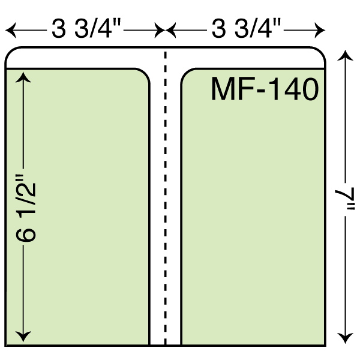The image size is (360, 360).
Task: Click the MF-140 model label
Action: click(x=265, y=89)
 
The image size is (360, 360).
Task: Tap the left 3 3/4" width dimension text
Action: click(x=86, y=29)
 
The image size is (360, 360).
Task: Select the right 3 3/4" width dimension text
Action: click(x=246, y=29)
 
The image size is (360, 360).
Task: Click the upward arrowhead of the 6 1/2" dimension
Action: click(x=23, y=77)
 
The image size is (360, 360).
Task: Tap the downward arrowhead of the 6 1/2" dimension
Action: click(x=23, y=337)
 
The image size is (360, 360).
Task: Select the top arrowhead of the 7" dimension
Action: click(x=345, y=55)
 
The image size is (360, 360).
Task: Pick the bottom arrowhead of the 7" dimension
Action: click(x=345, y=338)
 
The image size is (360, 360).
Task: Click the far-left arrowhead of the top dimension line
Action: click(x=11, y=30)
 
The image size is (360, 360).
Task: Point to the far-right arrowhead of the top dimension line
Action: click(x=320, y=30)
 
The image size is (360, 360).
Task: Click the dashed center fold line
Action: click(x=166, y=198)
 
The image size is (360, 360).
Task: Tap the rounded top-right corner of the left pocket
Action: click(x=145, y=73)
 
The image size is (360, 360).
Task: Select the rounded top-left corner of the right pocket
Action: click(x=186, y=73)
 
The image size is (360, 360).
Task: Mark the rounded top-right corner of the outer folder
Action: click(x=320, y=52)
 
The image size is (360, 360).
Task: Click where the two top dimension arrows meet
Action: click(x=166, y=30)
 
